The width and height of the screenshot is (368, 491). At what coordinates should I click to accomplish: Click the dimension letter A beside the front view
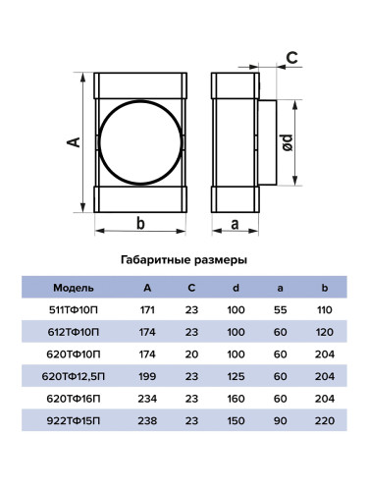click(x=74, y=142)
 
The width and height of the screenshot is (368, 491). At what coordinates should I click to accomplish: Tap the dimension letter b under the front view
click(x=140, y=224)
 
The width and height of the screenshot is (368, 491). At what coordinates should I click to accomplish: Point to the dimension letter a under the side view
click(x=235, y=225)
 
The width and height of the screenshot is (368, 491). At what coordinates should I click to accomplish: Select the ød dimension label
click(x=289, y=142)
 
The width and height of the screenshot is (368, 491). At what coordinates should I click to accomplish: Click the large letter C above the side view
click(x=292, y=58)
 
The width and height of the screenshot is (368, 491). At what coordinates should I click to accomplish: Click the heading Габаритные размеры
click(x=184, y=260)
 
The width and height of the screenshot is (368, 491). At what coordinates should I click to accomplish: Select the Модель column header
click(x=74, y=288)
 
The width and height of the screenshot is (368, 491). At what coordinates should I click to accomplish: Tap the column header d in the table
click(x=236, y=288)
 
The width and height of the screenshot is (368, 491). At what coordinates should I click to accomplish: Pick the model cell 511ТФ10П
click(x=74, y=310)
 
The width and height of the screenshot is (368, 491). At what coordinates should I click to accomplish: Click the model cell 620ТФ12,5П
click(x=74, y=376)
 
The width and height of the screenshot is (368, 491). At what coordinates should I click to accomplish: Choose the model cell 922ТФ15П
click(x=74, y=420)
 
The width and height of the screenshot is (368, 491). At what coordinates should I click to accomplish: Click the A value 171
click(x=147, y=310)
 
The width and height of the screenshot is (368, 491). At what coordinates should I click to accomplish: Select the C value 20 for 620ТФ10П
click(x=191, y=355)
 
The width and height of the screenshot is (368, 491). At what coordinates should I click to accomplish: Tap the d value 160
click(x=236, y=399)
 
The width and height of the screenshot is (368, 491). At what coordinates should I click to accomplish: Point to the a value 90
click(x=281, y=420)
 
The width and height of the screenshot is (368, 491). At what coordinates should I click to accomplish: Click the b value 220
click(x=325, y=420)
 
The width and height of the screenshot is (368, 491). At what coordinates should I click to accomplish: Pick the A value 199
click(x=147, y=376)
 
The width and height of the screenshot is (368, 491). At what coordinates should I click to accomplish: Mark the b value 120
click(x=325, y=332)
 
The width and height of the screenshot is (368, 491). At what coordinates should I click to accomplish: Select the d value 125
click(x=236, y=376)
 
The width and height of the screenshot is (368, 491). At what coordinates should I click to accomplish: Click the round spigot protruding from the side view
click(x=268, y=142)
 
